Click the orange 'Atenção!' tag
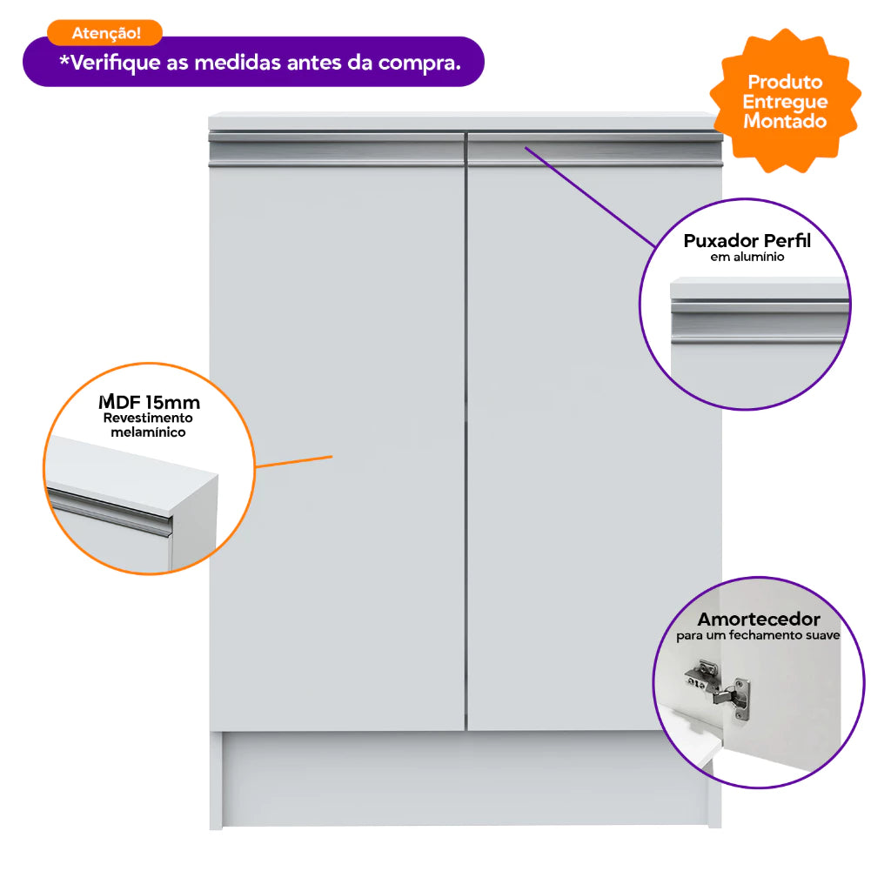pos(104,33)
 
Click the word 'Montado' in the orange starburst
pos(785,121)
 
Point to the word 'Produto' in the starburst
pos(785,83)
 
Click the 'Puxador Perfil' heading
pos(747,241)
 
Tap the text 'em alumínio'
pos(747,257)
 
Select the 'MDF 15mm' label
pos(149,402)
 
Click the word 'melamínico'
pos(148,432)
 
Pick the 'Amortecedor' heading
pos(759,619)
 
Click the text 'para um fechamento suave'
pos(758,635)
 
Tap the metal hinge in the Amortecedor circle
pos(718,690)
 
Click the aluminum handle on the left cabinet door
pos(337,150)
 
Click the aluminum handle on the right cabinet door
pos(595,150)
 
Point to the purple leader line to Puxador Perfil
pos(591,198)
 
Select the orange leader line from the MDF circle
pos(294,461)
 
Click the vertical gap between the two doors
pos(466,432)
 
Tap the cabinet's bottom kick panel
pos(466,779)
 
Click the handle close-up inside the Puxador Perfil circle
pos(759,323)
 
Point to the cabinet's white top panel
pos(463,122)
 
